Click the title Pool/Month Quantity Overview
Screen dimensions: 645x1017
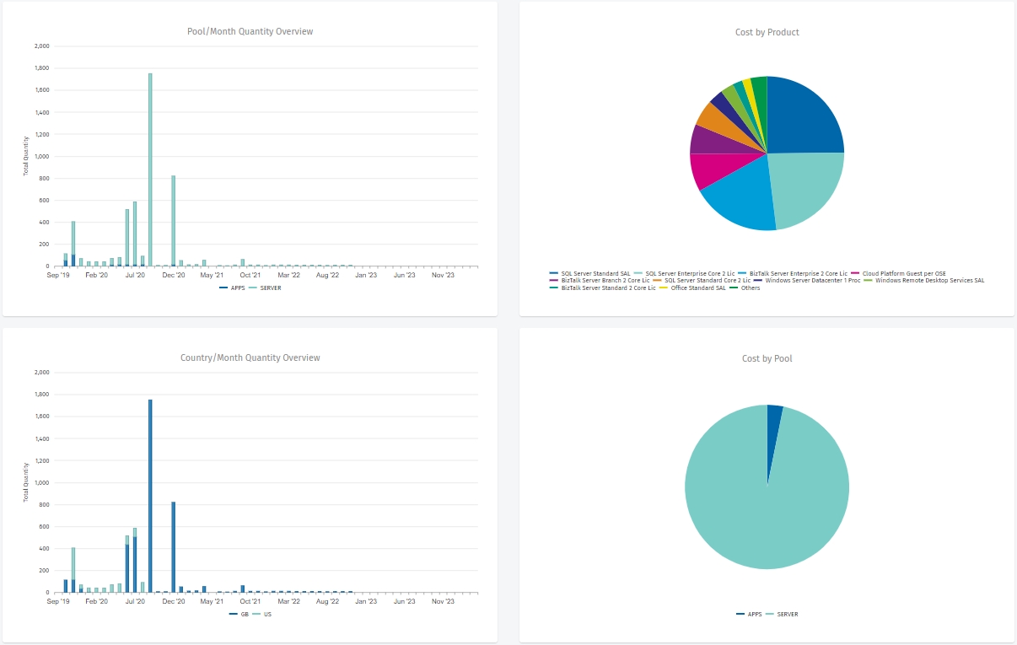[250, 32]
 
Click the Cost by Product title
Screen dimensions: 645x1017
[767, 33]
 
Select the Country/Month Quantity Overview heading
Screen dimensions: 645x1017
[250, 358]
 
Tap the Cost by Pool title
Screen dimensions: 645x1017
[767, 359]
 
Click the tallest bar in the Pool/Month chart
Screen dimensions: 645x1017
[150, 169]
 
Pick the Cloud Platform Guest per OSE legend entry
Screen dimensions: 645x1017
[898, 273]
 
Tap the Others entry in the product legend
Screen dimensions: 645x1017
[750, 288]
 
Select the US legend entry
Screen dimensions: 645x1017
[267, 615]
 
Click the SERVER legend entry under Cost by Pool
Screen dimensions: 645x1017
[787, 615]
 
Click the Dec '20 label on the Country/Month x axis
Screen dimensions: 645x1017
[174, 602]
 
